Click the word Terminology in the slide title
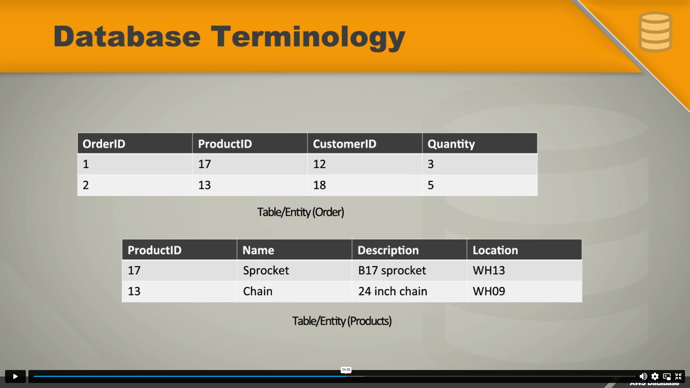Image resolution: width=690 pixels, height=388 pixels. tap(308, 37)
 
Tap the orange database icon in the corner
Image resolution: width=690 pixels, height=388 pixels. tap(655, 32)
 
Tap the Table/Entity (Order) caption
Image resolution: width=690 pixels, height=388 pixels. tap(300, 212)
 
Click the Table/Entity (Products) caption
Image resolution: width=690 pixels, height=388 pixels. tap(342, 321)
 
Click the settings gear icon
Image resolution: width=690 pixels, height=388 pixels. tap(655, 376)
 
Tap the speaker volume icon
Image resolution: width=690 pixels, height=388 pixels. tap(643, 376)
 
